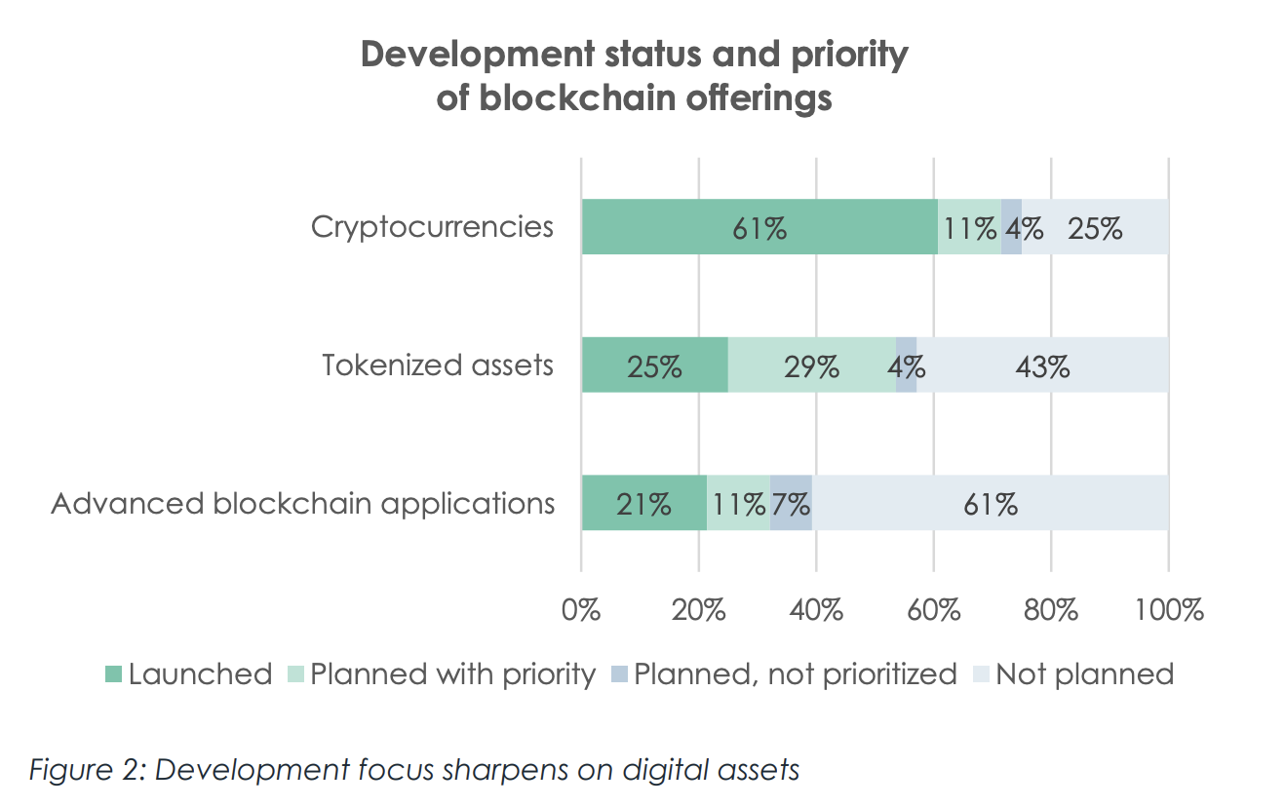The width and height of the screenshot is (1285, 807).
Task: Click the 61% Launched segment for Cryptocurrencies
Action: tap(759, 227)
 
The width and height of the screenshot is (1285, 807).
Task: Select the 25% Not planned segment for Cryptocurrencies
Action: tap(1095, 227)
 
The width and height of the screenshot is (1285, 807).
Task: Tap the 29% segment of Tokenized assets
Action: tap(811, 365)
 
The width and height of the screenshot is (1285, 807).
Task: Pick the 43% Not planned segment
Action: tap(1042, 365)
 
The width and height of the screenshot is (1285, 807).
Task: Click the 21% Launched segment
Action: tap(643, 504)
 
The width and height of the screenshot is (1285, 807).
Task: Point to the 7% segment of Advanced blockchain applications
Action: tap(791, 504)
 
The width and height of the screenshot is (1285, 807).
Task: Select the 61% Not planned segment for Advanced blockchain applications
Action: tap(991, 504)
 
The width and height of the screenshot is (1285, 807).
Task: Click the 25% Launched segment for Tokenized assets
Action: tap(654, 365)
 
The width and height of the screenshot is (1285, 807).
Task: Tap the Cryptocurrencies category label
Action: tap(432, 227)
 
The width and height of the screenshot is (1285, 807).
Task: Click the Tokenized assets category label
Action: tap(438, 365)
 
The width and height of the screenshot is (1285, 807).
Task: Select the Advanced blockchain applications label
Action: tap(303, 504)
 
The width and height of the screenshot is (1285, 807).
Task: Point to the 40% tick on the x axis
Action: tap(816, 611)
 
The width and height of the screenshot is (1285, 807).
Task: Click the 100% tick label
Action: tap(1168, 611)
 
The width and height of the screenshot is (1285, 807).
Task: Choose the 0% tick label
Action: tap(581, 611)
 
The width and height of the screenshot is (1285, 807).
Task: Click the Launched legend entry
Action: tap(189, 673)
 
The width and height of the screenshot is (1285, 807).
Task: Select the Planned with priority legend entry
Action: tap(443, 673)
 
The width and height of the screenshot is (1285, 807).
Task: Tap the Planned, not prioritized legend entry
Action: tap(784, 673)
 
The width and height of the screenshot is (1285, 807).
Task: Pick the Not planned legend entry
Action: tap(1074, 673)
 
